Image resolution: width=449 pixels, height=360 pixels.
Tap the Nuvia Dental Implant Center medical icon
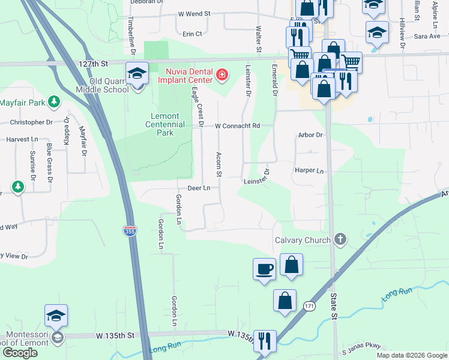(x=222, y=75)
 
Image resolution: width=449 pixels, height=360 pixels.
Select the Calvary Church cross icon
(x=340, y=240)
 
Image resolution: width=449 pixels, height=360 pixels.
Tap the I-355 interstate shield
(x=129, y=230)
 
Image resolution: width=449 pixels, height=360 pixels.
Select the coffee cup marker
(x=264, y=268)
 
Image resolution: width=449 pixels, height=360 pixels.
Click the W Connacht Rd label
(x=237, y=126)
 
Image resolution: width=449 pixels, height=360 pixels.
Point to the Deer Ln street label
(x=198, y=188)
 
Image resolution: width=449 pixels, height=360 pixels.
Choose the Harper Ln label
(x=309, y=170)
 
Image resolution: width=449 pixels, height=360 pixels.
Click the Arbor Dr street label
(x=310, y=135)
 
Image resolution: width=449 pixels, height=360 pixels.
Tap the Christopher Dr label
(x=32, y=122)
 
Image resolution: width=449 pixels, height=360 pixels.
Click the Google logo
(x=20, y=353)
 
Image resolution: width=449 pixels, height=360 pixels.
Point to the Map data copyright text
(x=412, y=355)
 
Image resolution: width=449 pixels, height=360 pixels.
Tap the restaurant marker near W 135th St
(x=264, y=341)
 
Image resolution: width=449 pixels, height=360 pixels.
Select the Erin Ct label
(x=193, y=34)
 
